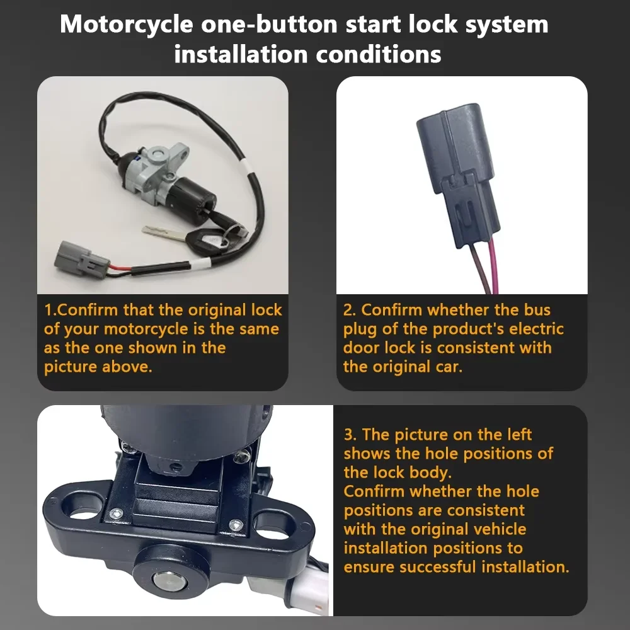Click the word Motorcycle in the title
(127, 24)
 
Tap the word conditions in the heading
(379, 54)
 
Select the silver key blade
(164, 234)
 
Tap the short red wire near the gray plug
(119, 268)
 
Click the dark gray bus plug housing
(457, 175)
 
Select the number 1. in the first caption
(50, 310)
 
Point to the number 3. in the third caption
(350, 435)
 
